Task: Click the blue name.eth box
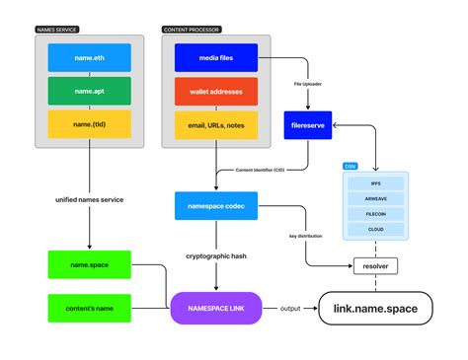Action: pos(90,59)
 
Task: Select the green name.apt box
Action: pos(90,92)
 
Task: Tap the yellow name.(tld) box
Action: pos(90,124)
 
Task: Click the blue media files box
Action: pos(215,59)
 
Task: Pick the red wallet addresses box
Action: pos(215,92)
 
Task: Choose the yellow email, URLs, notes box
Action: pos(215,124)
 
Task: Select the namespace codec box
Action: pos(215,206)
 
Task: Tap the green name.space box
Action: pos(90,264)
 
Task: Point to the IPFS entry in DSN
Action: pos(376,183)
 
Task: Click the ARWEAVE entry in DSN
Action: pos(376,197)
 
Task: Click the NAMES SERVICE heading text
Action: pos(56,30)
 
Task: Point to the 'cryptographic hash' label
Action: pos(215,255)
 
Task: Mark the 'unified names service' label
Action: pos(89,201)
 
